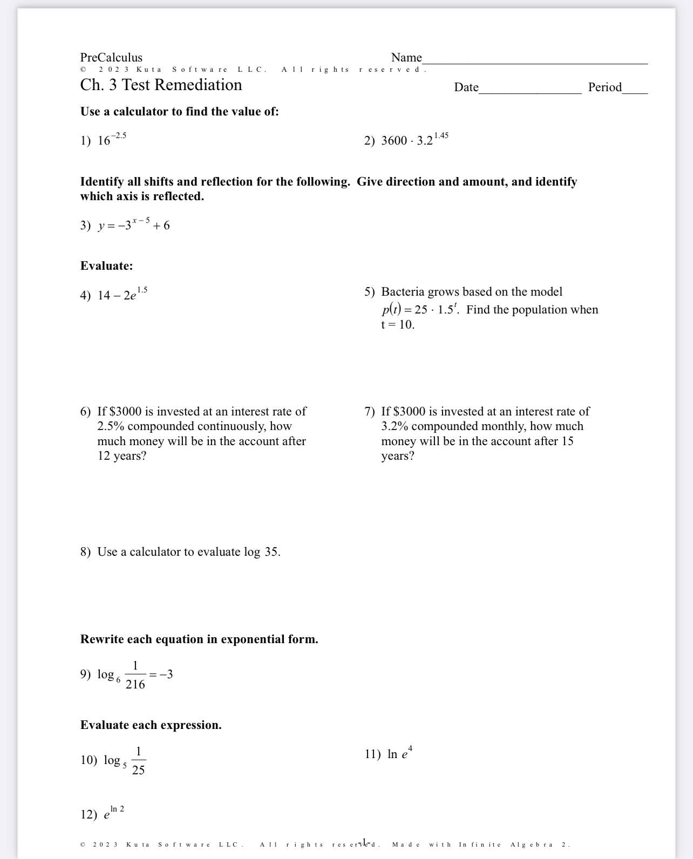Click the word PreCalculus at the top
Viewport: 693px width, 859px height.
pos(111,58)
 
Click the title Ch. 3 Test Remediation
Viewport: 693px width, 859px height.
pos(161,85)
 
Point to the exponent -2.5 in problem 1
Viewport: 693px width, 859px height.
pos(119,135)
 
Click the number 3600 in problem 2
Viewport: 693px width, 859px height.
pos(394,141)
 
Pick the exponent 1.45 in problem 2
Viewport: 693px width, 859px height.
pos(441,135)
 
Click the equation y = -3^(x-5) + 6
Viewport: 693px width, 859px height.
pos(134,225)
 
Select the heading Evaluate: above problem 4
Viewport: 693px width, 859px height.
pos(106,266)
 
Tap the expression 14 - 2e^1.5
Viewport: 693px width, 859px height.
pos(122,295)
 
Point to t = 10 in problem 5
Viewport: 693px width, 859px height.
pos(398,325)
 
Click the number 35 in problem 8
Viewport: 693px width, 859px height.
pos(271,552)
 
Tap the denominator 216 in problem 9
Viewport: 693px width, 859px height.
pos(135,685)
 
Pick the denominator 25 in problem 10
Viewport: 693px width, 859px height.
pos(138,771)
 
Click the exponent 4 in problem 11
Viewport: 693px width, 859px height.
pos(410,749)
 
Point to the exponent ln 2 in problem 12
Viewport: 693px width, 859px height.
pos(117,809)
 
